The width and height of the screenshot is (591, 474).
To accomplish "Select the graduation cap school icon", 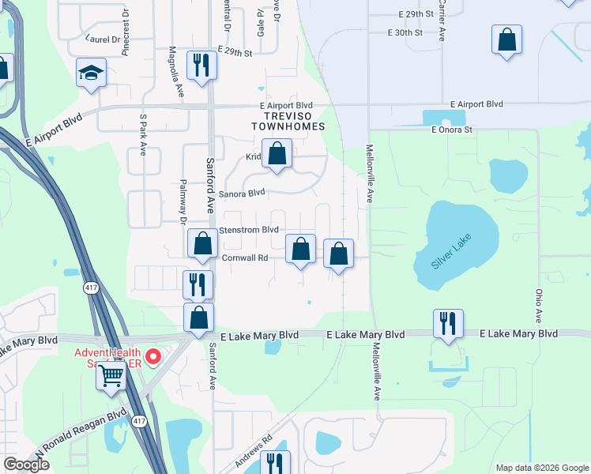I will click(x=92, y=73).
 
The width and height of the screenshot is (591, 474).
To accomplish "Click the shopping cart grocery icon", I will click(x=111, y=376).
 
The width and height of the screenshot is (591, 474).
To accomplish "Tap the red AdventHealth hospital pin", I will click(x=155, y=356).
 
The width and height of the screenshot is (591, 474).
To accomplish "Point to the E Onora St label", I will click(x=451, y=130).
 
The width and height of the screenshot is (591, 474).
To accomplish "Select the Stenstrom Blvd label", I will click(x=249, y=230).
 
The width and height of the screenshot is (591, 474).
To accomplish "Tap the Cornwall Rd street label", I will click(x=246, y=258).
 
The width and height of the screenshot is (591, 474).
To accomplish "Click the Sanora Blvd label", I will click(x=242, y=193).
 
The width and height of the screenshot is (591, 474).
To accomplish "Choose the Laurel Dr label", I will click(x=103, y=37).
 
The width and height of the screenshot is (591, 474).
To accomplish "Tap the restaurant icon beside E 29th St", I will click(x=201, y=66).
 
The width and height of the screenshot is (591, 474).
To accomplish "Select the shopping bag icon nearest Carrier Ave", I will click(x=506, y=40).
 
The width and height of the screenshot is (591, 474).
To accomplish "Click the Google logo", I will click(x=26, y=465).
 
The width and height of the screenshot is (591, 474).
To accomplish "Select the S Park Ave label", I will click(x=143, y=134).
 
